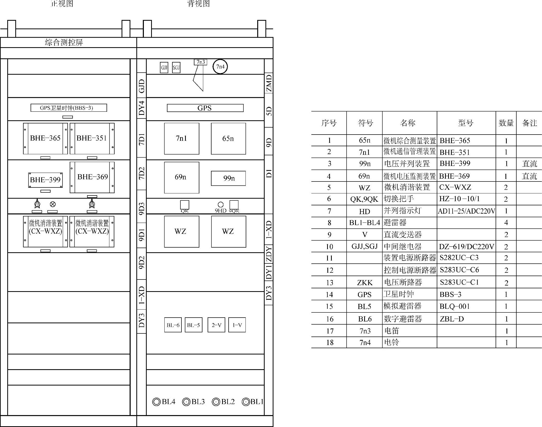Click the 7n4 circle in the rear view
pos(220,67)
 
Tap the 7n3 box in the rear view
pos(201,62)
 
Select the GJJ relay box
pos(164,68)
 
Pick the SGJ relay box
pos(176,68)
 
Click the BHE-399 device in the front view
pos(45,180)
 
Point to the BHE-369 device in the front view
pos(92,177)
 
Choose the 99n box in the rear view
pos(228,178)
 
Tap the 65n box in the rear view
pos(228,139)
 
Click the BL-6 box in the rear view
pos(173,325)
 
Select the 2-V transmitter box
pos(216,325)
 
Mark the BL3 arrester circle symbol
pos(186,402)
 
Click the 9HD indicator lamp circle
pos(221,205)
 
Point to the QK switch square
pos(185,205)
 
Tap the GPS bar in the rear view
pos(205,108)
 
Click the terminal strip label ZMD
pos(269,83)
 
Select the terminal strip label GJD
pos(142,86)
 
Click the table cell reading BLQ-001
pos(455,306)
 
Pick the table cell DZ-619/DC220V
pos(466,247)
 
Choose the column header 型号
pos(466,123)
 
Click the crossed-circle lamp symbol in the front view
pos(53,204)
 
